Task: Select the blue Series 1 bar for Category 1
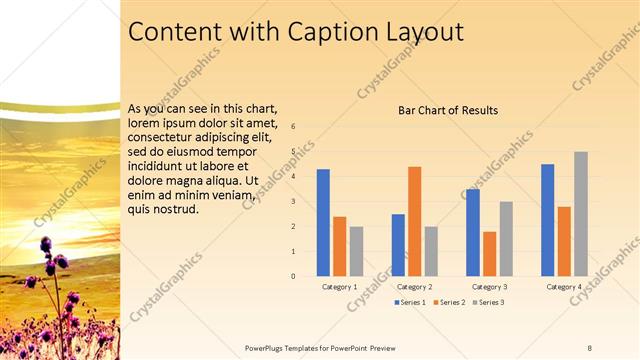pos(323,222)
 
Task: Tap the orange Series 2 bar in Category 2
pos(414,220)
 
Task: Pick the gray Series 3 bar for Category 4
pos(581,213)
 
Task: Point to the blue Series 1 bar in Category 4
pos(548,219)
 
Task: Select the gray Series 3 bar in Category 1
pos(357,250)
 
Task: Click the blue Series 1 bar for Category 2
pos(398,244)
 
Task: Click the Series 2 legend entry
pos(450,302)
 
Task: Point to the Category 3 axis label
pos(490,287)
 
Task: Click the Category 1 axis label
pos(340,287)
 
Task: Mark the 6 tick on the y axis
pos(294,127)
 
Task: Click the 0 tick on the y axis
pos(294,275)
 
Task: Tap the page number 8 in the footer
pos(590,346)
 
